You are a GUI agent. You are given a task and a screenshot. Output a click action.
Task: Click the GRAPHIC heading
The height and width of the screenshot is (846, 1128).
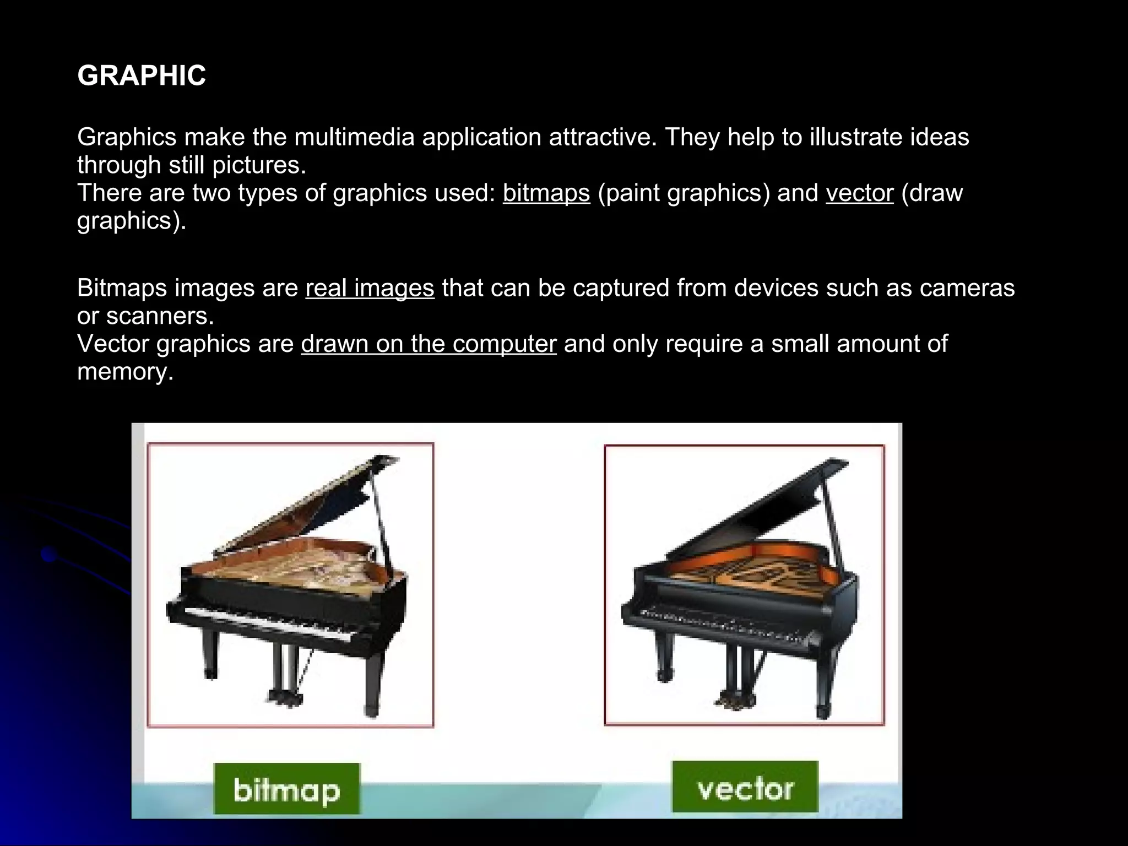coord(142,75)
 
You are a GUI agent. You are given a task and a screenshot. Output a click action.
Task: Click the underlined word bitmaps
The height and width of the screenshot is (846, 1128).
coord(546,193)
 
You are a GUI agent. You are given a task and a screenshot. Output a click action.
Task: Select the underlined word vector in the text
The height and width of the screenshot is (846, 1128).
coord(859,193)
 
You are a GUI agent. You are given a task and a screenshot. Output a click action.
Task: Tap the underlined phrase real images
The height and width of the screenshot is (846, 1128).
coord(370,288)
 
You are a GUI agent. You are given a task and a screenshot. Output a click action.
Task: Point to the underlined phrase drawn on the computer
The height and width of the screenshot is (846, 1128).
coord(429,344)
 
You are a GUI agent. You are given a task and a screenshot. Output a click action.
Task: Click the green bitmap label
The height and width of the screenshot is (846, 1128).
coord(286,789)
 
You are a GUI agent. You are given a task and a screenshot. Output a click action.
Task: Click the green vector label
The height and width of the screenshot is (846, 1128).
coord(745,788)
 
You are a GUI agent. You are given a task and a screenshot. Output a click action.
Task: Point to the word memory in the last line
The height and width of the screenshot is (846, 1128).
coord(125,372)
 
